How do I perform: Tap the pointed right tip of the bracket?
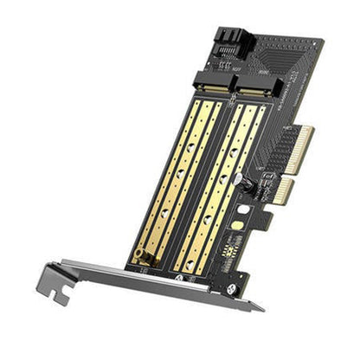click(x=261, y=306)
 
